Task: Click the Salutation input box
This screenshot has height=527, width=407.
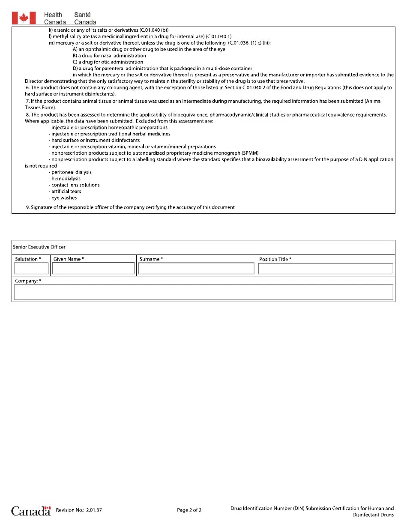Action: (x=31, y=269)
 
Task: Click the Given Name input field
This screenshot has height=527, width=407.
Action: (x=93, y=269)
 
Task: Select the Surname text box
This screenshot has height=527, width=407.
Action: (x=196, y=269)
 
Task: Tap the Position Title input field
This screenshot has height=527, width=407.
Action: (x=325, y=269)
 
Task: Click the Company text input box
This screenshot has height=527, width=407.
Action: (x=203, y=292)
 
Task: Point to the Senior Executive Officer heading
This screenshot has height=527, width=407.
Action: (x=39, y=247)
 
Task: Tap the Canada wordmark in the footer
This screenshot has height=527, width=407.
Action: (x=31, y=511)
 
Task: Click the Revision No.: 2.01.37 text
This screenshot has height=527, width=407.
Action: (x=79, y=510)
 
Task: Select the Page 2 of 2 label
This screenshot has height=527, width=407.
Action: (x=189, y=510)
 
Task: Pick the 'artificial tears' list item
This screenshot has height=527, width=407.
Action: (x=65, y=192)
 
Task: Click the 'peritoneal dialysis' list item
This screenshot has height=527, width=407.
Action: (x=70, y=172)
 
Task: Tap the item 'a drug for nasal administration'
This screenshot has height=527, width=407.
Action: (x=109, y=56)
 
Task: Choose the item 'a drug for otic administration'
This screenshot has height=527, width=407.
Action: (x=108, y=62)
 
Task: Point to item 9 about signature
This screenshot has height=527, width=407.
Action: (x=131, y=207)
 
